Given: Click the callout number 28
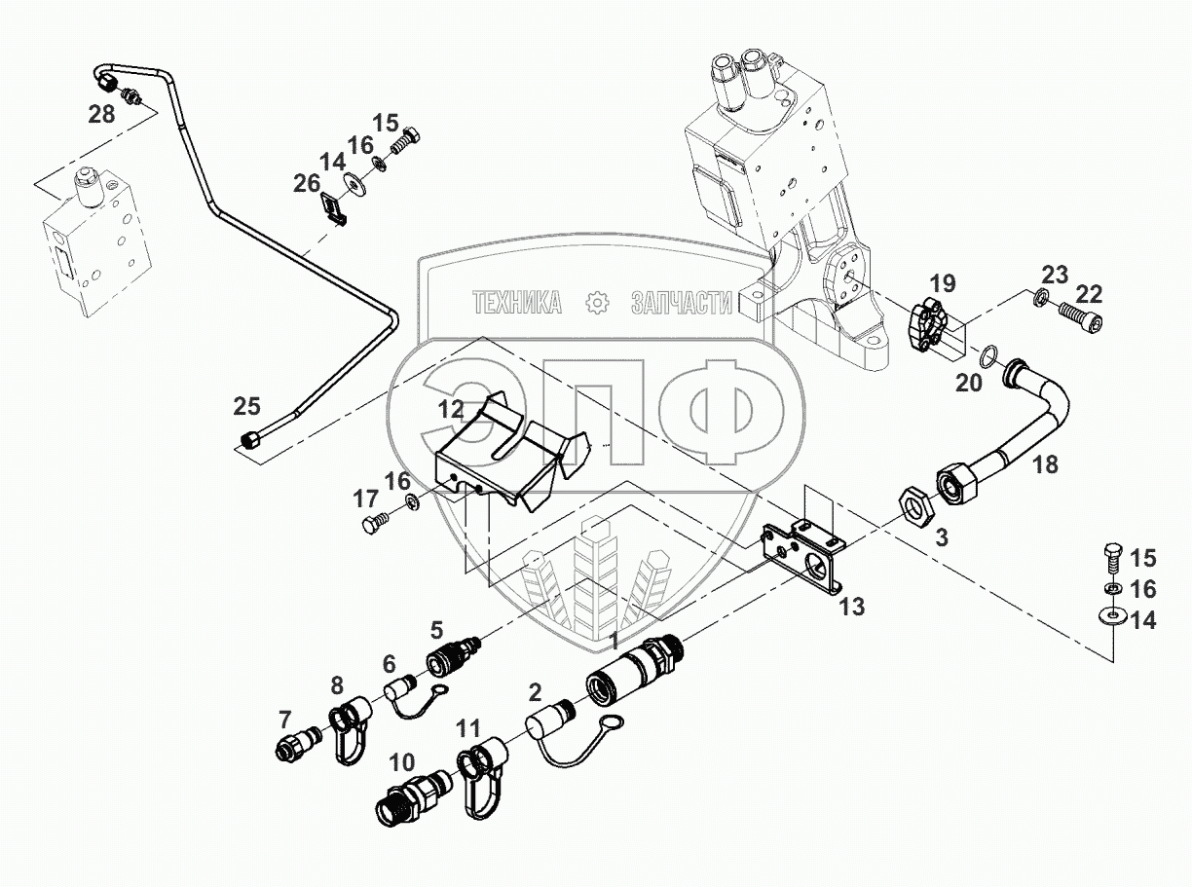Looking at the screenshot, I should click(x=101, y=115).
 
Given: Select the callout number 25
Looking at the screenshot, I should click(x=247, y=404).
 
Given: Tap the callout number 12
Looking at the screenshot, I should click(x=450, y=410).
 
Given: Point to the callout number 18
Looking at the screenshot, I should click(x=1045, y=464).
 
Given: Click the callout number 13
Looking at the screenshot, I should click(x=851, y=607).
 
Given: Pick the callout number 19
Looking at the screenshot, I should click(x=942, y=284).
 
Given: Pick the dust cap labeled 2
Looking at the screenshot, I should click(x=551, y=728).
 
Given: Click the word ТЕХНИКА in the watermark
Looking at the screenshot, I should click(x=517, y=304).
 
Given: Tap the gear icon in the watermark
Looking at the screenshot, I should click(x=596, y=304).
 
